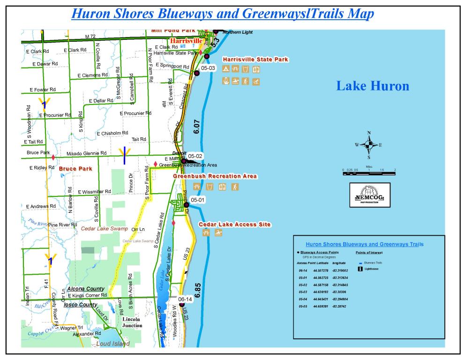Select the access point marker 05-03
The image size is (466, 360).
197,73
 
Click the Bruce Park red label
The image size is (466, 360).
75,168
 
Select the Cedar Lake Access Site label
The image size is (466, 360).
234,225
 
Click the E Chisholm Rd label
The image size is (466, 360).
112,133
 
